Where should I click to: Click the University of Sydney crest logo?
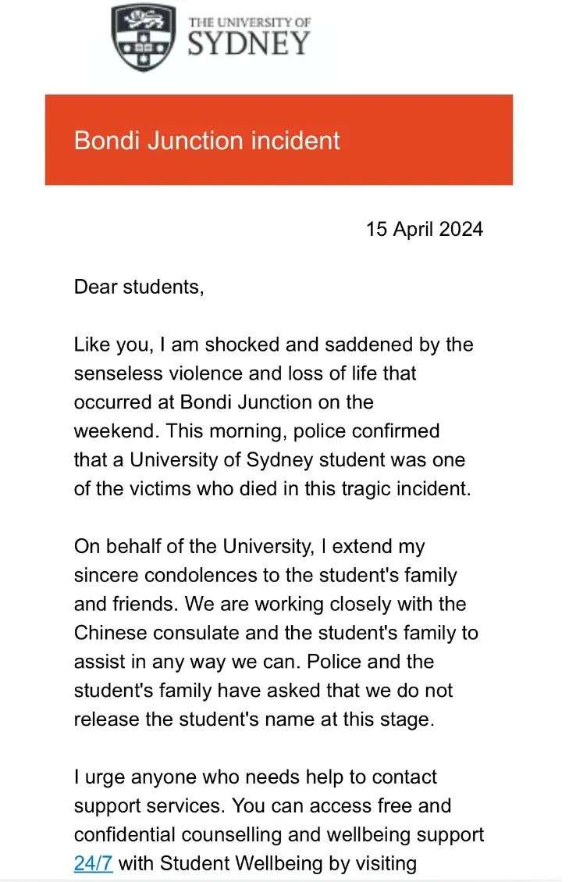click(144, 37)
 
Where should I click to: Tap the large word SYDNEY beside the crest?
click(249, 44)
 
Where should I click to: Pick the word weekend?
click(109, 430)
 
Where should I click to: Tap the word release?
click(105, 719)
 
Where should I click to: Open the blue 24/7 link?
click(93, 863)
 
